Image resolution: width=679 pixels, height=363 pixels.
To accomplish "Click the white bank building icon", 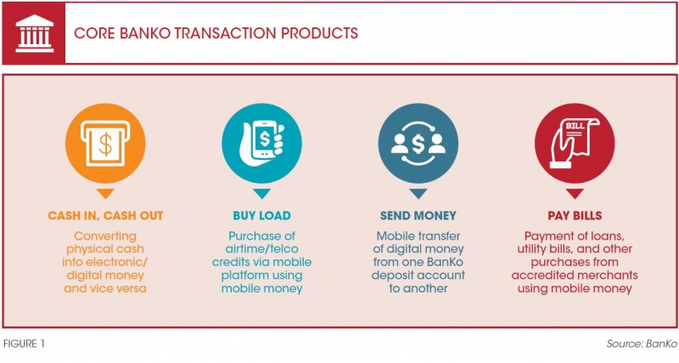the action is point(34,33).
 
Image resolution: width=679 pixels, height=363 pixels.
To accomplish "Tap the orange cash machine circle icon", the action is point(105,143).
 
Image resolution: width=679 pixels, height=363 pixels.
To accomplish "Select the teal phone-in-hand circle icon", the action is point(261,143).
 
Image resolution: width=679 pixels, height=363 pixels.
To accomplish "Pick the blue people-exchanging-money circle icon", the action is point(418,143).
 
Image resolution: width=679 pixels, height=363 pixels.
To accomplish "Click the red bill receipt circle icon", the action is point(575,143).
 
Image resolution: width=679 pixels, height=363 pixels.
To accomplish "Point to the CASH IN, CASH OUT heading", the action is point(105,216).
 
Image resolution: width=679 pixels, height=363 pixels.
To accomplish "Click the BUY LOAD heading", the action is point(261,216).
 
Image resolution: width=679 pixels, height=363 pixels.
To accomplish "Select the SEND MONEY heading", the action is point(418,216).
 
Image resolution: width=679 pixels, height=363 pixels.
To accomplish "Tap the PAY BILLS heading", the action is point(575,216).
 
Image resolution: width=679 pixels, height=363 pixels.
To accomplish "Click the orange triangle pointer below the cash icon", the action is point(105,194).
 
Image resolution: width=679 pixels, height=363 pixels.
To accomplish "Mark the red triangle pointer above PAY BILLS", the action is point(575,194).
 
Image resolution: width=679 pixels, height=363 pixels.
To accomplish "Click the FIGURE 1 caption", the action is point(24,344).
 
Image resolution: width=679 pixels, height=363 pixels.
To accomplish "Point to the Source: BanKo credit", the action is point(642,344).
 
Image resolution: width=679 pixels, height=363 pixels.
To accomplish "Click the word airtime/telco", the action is point(261,249).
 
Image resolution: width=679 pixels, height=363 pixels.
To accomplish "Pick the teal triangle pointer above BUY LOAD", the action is point(261,194).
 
